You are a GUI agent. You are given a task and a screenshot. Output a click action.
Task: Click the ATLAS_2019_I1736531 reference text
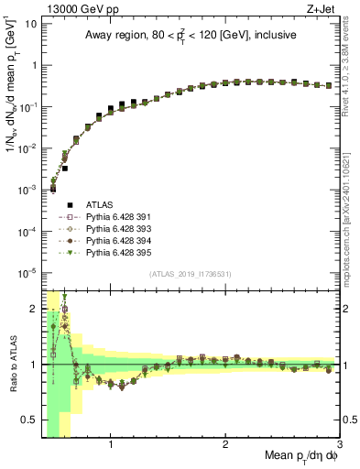190,274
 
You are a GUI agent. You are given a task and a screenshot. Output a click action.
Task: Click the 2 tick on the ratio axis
34,309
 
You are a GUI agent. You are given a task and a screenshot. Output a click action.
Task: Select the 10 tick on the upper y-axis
32,24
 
